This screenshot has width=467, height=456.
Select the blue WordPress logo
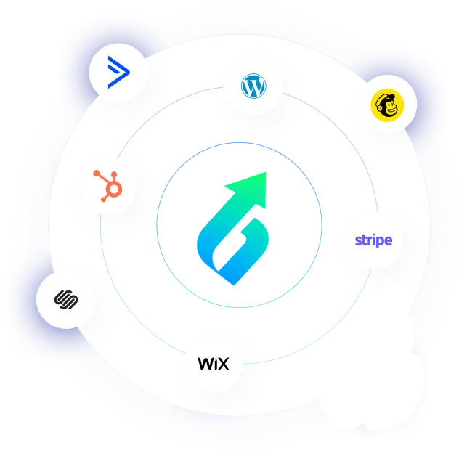pos(253,86)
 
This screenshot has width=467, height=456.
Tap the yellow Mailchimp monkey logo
pos(386,106)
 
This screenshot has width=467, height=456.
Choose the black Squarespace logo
pos(66,298)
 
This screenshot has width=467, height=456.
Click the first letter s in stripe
pos(357,240)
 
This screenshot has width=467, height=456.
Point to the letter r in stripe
pos(370,240)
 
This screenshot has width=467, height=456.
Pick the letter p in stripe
pos(380,242)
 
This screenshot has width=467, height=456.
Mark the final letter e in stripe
pos(388,240)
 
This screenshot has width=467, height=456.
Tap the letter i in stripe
pos(374,240)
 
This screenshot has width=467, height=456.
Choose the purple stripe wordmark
pos(373,240)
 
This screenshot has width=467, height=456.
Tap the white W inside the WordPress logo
pos(253,86)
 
